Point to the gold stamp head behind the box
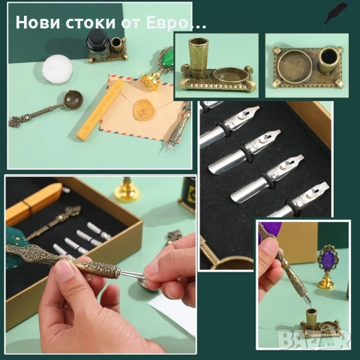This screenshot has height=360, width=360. (127, 187)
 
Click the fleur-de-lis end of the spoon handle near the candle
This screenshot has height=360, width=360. (14, 122)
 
